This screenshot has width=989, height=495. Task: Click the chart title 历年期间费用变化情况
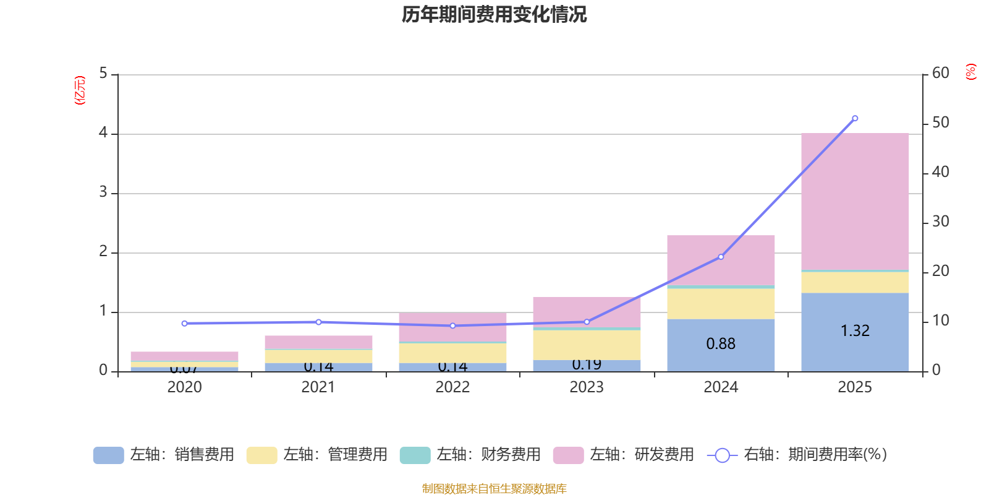pos(494,14)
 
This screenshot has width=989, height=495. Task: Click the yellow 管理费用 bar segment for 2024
pos(721,304)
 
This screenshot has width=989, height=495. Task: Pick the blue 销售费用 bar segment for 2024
pos(721,356)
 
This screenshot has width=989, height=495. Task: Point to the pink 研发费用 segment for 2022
pos(452,327)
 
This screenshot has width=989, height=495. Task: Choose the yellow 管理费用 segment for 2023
pos(587,345)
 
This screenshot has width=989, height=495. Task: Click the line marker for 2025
pos(855,118)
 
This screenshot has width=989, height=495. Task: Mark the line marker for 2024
pos(721,257)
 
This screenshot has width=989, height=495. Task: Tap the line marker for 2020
pos(184,324)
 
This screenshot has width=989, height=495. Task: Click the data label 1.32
pos(855,331)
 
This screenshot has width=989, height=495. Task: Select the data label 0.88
pos(721,344)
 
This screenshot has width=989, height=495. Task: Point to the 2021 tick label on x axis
pos(318,387)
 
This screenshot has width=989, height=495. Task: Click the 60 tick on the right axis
pos(940,73)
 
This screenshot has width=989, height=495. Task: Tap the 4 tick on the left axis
pos(103,133)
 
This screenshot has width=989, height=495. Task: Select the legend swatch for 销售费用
pos(108,455)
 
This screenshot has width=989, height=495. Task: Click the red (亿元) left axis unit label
pos(80,90)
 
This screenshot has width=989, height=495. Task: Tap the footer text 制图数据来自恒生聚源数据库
pos(494,489)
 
